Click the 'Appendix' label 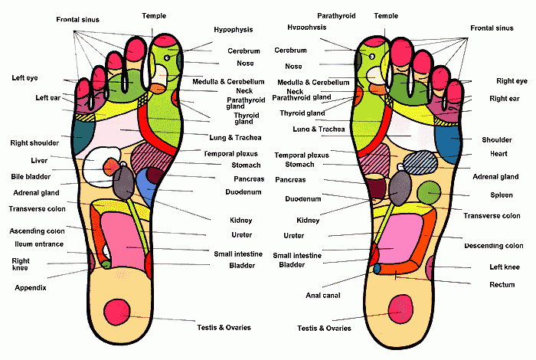31,288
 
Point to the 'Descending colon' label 494,246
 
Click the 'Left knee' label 505,267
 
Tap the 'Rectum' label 502,284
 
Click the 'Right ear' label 505,98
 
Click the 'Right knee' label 21,264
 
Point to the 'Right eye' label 506,80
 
